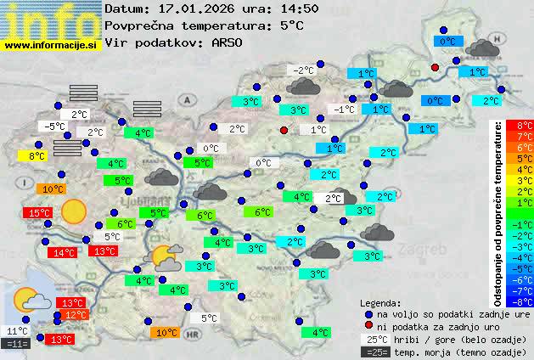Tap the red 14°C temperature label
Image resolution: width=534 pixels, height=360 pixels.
point(62,252)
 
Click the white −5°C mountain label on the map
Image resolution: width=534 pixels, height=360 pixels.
point(54,127)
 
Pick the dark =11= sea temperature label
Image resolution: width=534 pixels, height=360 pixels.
point(17,344)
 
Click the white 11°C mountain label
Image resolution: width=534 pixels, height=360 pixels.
point(17,331)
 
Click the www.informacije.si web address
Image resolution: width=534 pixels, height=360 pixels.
point(51,44)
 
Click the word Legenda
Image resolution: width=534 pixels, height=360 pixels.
point(380,303)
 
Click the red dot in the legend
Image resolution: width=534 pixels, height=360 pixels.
point(368,326)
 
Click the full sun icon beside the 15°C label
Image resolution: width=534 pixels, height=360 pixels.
point(73,210)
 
